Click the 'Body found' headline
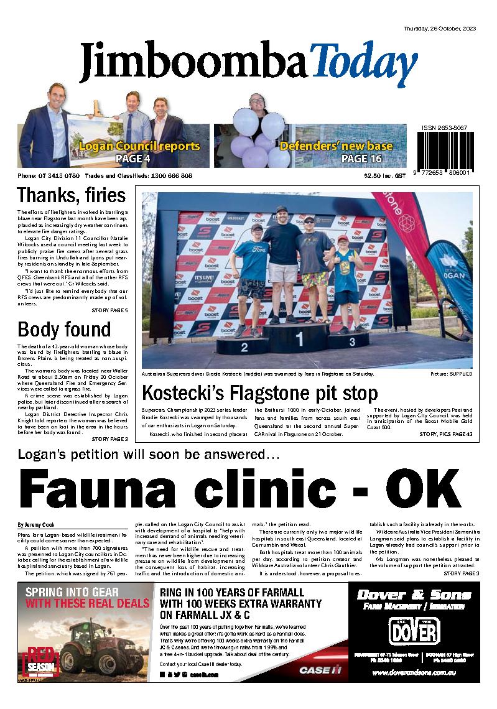pos(64,329)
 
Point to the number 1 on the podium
pos(300,339)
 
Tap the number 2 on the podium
pos(244,348)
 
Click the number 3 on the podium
pos(351,341)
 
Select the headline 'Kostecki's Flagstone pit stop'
pos(260,393)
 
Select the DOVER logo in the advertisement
pos(414,632)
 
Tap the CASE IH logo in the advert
pos(320,670)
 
